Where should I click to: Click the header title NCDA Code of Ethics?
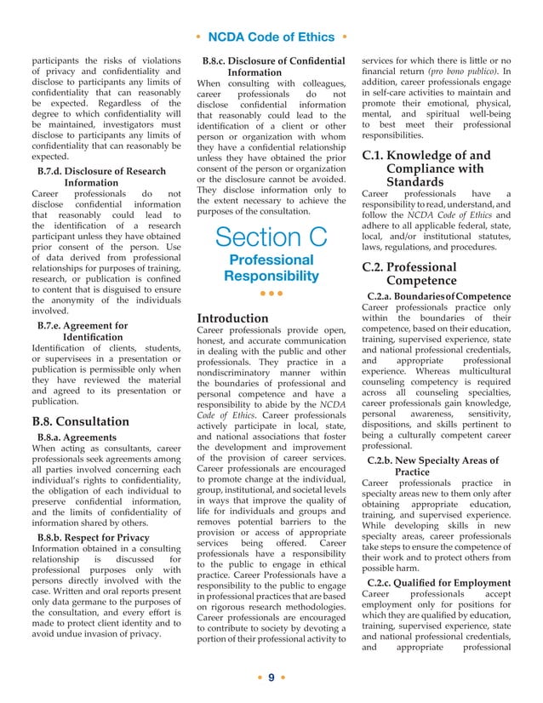(x=271, y=37)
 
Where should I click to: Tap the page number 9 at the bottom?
(x=271, y=677)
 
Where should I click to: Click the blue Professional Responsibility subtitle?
(x=271, y=267)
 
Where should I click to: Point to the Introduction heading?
(x=232, y=317)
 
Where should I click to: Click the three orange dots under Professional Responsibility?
(x=271, y=294)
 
